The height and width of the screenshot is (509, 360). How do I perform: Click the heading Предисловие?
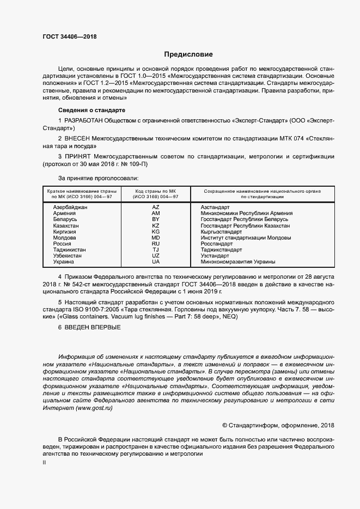(188, 54)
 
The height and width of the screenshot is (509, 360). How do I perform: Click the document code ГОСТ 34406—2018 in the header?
(69, 36)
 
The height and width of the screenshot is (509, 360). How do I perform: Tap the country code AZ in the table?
(155, 207)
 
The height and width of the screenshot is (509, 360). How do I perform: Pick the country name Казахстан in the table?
(66, 225)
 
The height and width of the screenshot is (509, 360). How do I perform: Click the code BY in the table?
(155, 219)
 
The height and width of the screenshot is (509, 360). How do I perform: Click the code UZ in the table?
(155, 256)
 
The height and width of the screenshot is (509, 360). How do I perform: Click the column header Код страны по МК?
(156, 191)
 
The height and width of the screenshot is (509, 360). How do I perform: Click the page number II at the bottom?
(44, 462)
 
